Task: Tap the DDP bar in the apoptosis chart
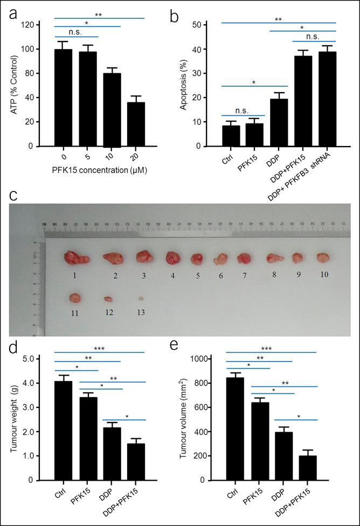[x=279, y=122]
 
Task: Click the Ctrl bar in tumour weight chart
[x=63, y=431]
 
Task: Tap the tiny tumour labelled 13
[x=141, y=298]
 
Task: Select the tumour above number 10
[x=322, y=257]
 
